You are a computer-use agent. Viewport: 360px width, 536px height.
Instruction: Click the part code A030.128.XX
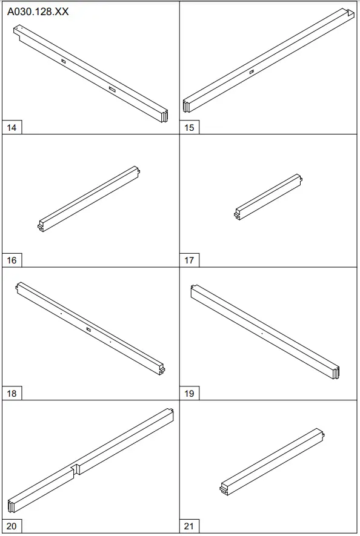pyautogui.click(x=38, y=12)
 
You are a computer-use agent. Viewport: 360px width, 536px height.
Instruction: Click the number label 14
pyautogui.click(x=12, y=128)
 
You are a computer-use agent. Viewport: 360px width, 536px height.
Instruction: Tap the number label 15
pyautogui.click(x=189, y=128)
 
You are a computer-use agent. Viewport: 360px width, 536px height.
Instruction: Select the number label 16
pyautogui.click(x=12, y=260)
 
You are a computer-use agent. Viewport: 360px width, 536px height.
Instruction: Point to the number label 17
pyautogui.click(x=189, y=260)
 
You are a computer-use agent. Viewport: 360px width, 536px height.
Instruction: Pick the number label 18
pyautogui.click(x=12, y=394)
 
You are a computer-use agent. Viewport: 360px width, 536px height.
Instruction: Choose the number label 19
pyautogui.click(x=189, y=394)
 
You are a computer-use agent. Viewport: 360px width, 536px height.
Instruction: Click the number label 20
pyautogui.click(x=12, y=526)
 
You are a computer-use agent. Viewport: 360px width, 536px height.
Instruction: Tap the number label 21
pyautogui.click(x=189, y=526)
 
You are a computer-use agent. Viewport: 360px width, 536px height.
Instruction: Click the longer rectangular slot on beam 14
pyautogui.click(x=112, y=90)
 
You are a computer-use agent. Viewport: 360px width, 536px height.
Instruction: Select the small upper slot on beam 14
pyautogui.click(x=63, y=61)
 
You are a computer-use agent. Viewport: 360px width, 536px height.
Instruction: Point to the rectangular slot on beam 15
pyautogui.click(x=252, y=72)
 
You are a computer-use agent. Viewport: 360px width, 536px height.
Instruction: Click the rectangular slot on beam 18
pyautogui.click(x=88, y=329)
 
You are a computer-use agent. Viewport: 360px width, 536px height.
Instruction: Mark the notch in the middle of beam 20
pyautogui.click(x=76, y=469)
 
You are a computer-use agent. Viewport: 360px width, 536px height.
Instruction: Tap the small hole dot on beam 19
pyautogui.click(x=262, y=333)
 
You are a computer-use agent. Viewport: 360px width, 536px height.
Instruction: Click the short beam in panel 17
pyautogui.click(x=268, y=197)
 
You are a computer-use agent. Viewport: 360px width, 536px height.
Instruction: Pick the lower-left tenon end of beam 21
pyautogui.click(x=224, y=489)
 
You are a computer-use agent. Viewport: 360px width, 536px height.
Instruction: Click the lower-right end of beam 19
pyautogui.click(x=336, y=372)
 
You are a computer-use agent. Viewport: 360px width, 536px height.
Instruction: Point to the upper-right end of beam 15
pyautogui.click(x=350, y=13)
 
